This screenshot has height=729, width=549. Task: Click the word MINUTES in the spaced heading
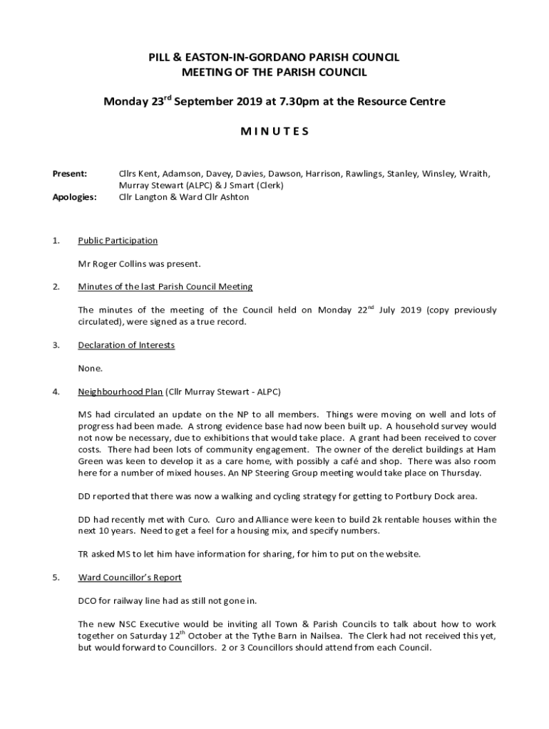pyautogui.click(x=274, y=131)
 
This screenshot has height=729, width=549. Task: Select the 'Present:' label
pyautogui.click(x=70, y=173)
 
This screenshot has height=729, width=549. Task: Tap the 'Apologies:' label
pyautogui.click(x=74, y=197)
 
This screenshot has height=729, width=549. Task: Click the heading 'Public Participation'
pyautogui.click(x=118, y=241)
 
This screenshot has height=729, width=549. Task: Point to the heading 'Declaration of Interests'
pyautogui.click(x=126, y=345)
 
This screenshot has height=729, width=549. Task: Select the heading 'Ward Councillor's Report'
pyautogui.click(x=130, y=577)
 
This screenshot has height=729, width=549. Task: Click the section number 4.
pyautogui.click(x=56, y=392)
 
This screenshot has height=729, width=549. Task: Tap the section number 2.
pyautogui.click(x=56, y=287)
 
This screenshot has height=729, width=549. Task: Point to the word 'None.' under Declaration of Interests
pyautogui.click(x=91, y=369)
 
